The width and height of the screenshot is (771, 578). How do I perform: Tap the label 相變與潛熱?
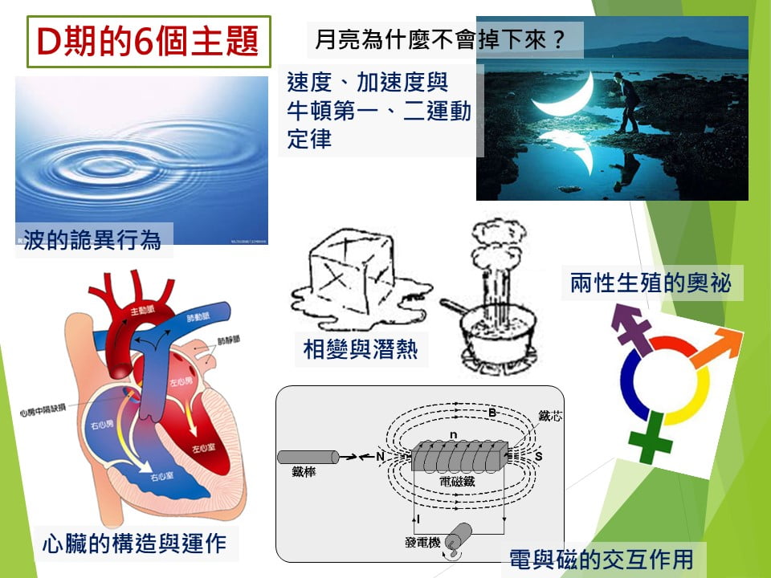[x=361, y=349]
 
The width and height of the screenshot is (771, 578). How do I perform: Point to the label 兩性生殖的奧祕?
[x=651, y=283]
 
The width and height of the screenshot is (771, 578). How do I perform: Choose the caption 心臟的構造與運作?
[x=134, y=544]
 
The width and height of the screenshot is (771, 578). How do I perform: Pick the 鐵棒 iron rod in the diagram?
[x=307, y=457]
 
